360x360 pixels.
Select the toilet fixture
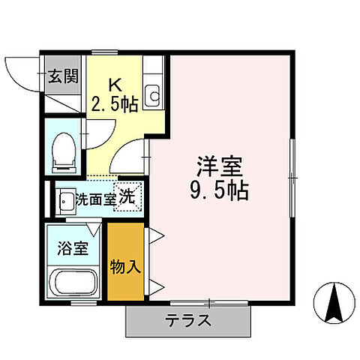pos(63,149)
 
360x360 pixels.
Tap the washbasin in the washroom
pos(67,200)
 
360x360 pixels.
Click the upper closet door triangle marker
pos(155,237)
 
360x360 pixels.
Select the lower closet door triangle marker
pos(155,285)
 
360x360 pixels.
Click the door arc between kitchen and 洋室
pos(132,154)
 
